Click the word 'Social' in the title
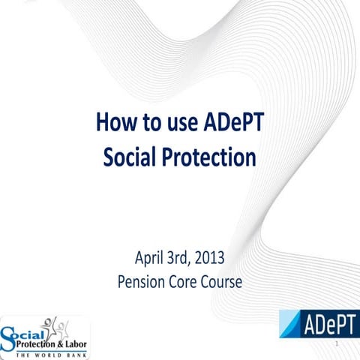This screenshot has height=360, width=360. click(128, 158)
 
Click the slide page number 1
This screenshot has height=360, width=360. click(339, 343)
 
